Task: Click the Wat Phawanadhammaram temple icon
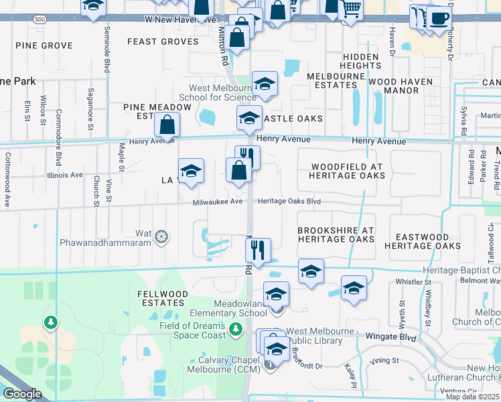[161, 237]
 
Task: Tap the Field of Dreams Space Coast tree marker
[235, 329]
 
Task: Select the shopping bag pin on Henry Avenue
[167, 125]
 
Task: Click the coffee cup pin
[439, 18]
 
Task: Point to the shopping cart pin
[351, 10]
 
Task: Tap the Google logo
[23, 394]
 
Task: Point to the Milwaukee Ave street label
[218, 202]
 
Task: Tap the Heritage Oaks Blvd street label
[289, 202]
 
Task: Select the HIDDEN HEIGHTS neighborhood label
[360, 62]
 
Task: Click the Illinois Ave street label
[65, 175]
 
